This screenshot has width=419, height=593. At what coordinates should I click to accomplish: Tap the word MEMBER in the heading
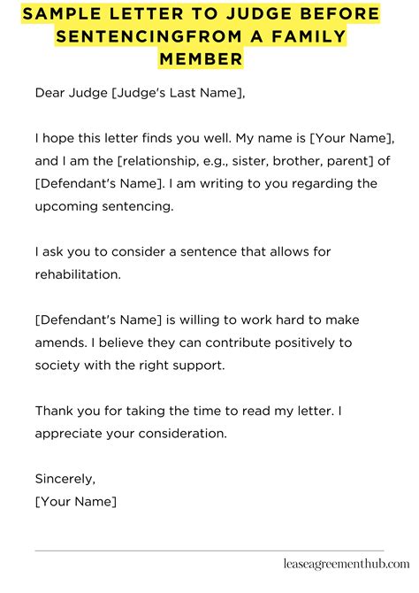200,58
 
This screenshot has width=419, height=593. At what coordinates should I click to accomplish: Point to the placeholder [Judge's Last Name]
178,92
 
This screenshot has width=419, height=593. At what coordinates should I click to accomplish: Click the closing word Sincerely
65,479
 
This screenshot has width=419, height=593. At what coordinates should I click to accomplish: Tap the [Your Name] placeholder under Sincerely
75,502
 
